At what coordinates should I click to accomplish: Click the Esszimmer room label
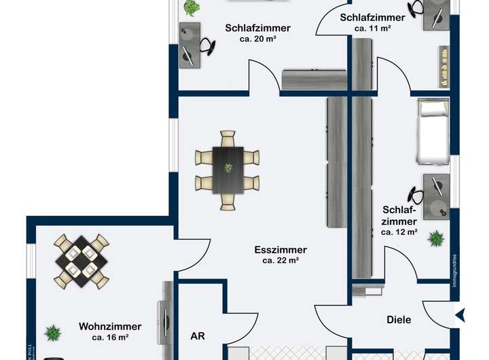(x=280, y=249)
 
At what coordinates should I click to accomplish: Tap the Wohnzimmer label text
(x=110, y=326)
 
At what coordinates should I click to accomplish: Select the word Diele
(x=399, y=319)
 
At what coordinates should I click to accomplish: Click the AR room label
(x=198, y=336)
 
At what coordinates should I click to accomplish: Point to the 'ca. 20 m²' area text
(x=257, y=39)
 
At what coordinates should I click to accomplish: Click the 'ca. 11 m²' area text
(x=372, y=29)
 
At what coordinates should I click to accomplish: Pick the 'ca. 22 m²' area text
(x=280, y=260)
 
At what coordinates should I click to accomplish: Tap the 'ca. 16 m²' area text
(x=110, y=337)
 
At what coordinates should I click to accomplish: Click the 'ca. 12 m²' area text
(x=399, y=232)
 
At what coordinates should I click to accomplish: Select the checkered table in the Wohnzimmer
(x=81, y=260)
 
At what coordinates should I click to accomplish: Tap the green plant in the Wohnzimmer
(x=52, y=333)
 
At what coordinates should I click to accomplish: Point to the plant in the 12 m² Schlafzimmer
(x=435, y=238)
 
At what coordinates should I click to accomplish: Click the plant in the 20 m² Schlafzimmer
(x=192, y=7)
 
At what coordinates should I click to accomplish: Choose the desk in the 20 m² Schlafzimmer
(x=189, y=45)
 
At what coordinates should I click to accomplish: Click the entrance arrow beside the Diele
(x=459, y=314)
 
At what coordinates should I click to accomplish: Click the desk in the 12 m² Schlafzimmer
(x=435, y=196)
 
